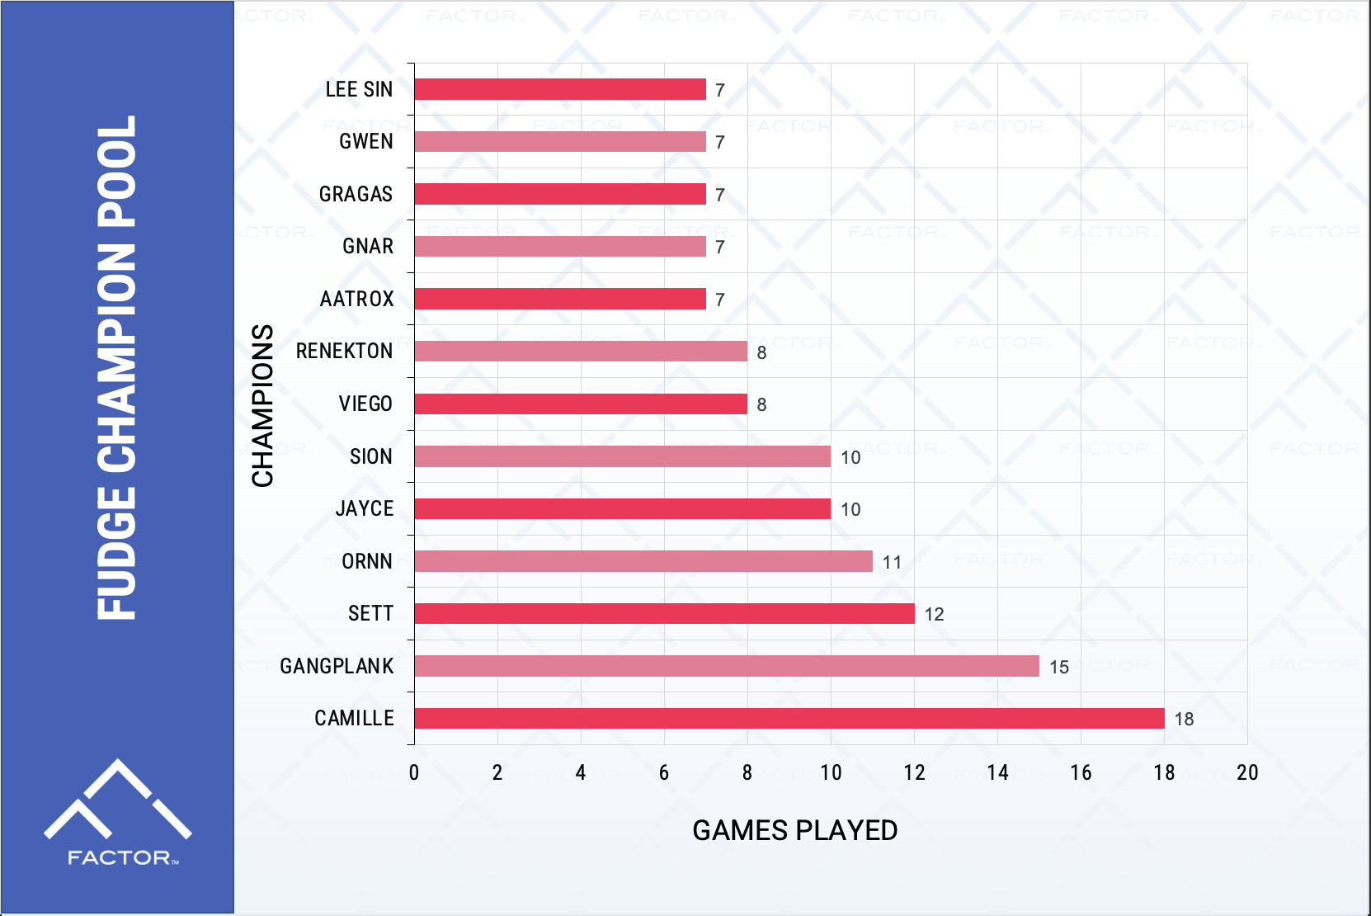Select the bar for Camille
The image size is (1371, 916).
(789, 718)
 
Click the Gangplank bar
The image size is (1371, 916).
(726, 666)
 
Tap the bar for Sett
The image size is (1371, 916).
(664, 613)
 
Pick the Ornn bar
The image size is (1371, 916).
(643, 561)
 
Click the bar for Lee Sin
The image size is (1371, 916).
(559, 89)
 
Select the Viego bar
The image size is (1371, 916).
(580, 404)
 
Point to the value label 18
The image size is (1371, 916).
(1184, 719)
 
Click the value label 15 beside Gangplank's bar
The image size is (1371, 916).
(1059, 667)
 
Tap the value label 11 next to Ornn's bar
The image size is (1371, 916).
(892, 562)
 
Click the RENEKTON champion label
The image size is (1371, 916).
(344, 351)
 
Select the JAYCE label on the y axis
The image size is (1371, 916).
(364, 508)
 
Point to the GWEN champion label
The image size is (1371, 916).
(365, 141)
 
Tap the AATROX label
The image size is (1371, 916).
(356, 299)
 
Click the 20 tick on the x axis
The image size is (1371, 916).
(1246, 772)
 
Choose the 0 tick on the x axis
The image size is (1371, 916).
(414, 772)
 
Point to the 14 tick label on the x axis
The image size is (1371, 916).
(997, 772)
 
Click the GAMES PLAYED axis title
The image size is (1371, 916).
(794, 830)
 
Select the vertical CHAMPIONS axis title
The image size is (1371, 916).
(262, 405)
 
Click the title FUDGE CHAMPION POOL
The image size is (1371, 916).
(116, 367)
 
